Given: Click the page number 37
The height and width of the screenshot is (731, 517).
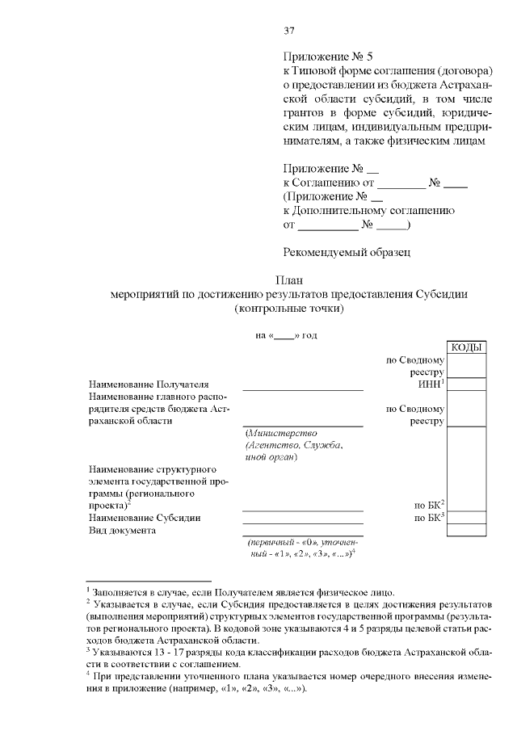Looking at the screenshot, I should click(x=288, y=32).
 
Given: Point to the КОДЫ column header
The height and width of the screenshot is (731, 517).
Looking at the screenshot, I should click(x=466, y=347).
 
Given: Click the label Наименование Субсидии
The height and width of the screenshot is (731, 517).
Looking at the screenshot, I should click(x=144, y=517).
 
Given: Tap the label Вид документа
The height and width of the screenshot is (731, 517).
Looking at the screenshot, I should click(x=122, y=531).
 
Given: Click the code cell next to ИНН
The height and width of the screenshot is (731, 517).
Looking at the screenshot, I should click(x=466, y=384).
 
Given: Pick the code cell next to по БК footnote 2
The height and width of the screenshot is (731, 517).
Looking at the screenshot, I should click(x=466, y=504).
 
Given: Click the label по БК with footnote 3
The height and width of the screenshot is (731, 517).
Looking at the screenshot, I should click(x=429, y=517).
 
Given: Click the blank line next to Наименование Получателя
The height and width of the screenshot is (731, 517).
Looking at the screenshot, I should click(x=303, y=386).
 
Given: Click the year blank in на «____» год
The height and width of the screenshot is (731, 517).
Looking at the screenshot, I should click(x=283, y=335).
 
